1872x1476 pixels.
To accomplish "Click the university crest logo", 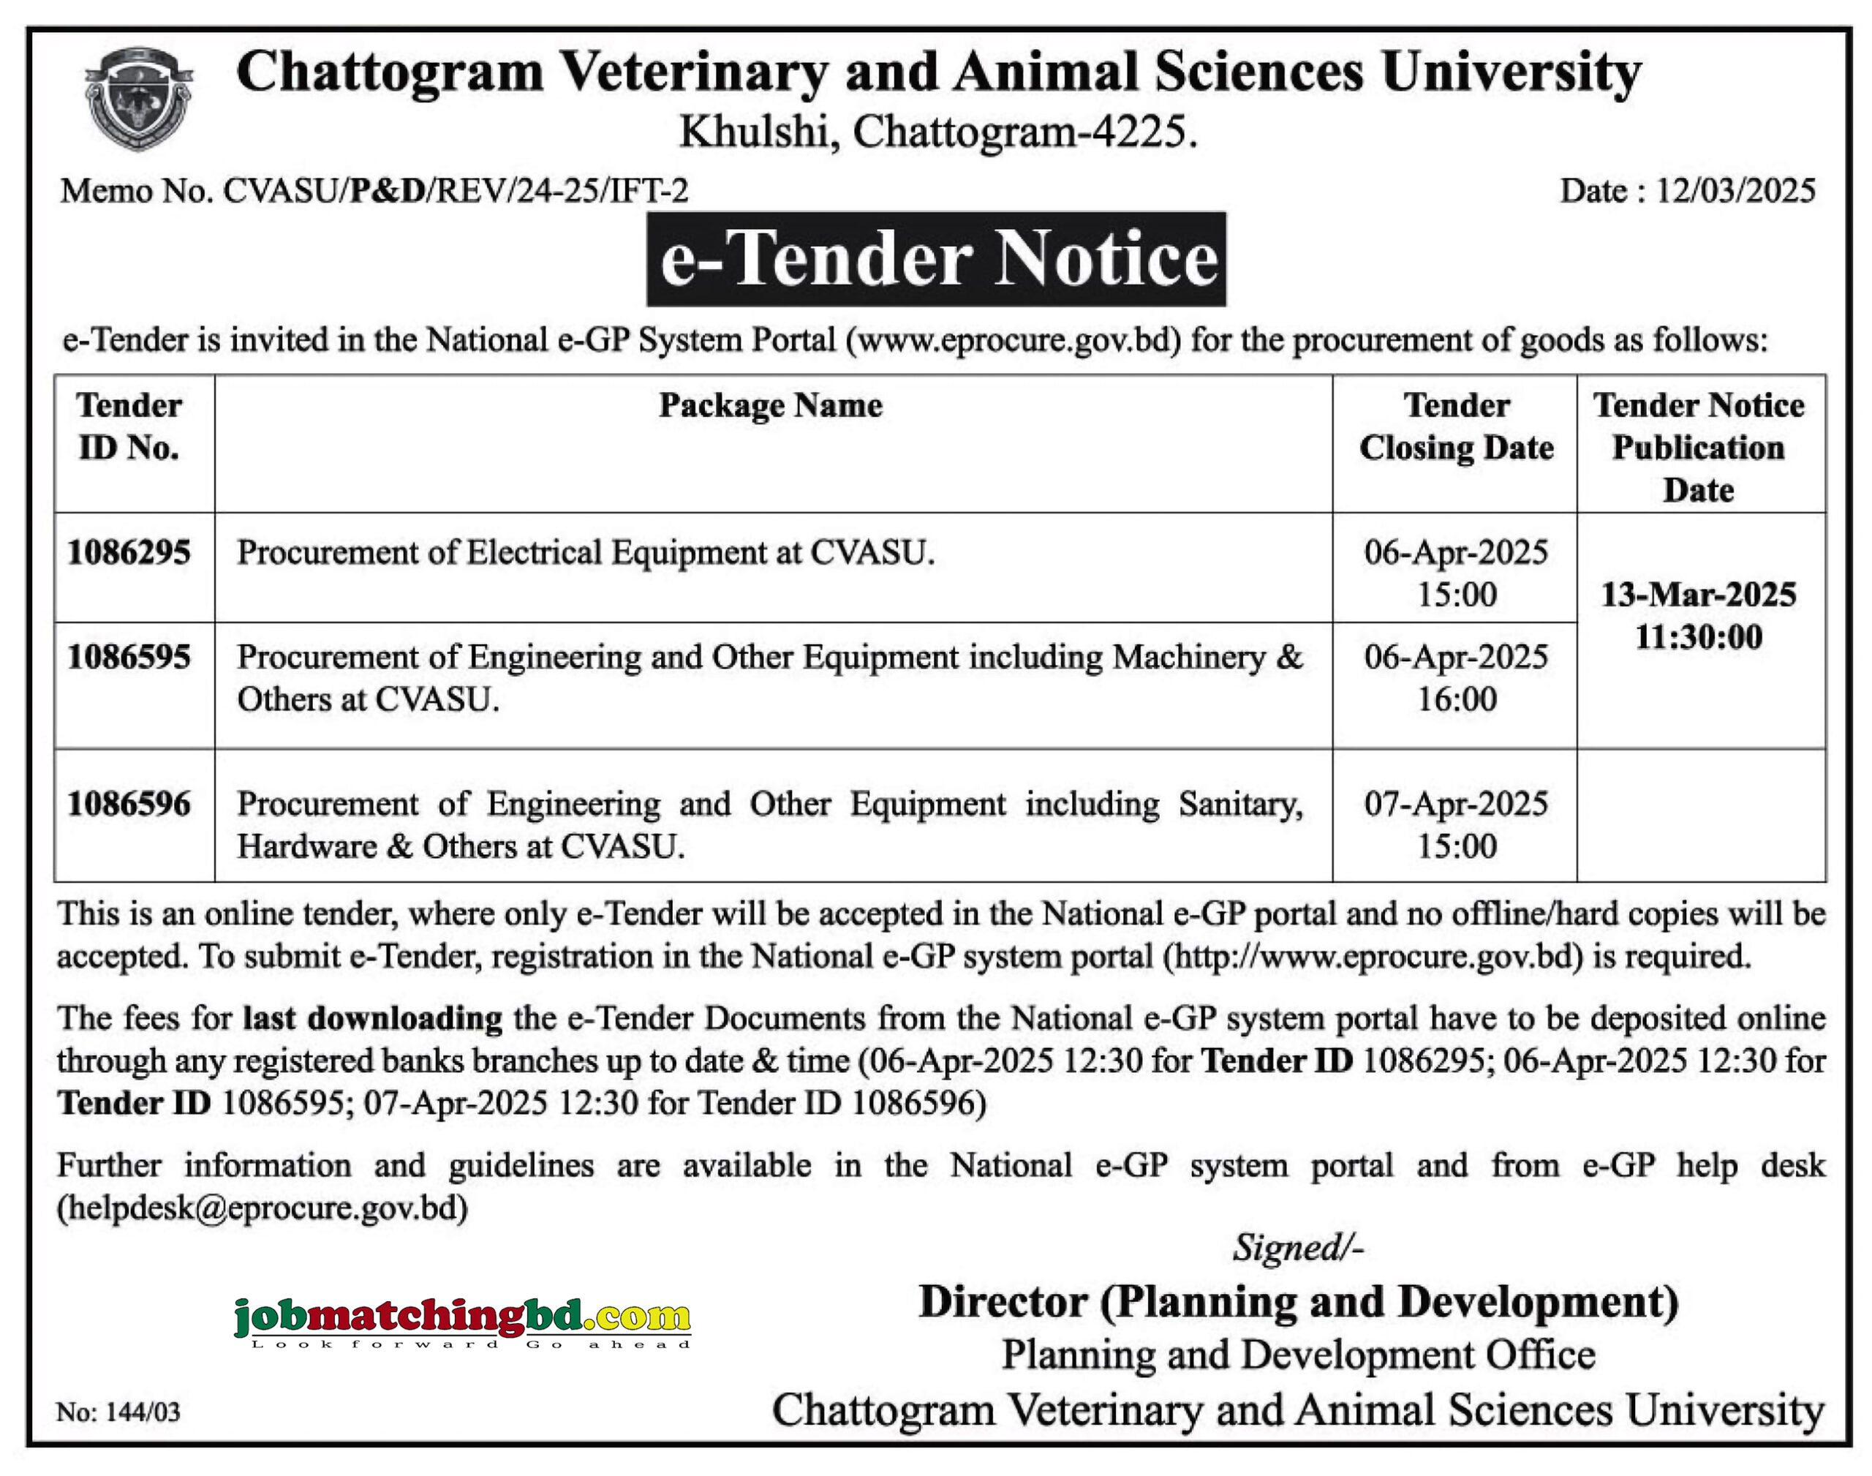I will pos(138,99).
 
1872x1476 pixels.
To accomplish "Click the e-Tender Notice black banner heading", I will pos(937,259).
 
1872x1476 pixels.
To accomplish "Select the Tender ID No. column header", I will pos(129,427).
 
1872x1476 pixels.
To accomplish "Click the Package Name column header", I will pos(771,406).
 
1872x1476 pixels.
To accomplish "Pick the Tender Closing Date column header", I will pos(1457,427).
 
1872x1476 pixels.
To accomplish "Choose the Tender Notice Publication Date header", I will pos(1699,448).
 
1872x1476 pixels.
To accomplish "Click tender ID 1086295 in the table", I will pos(129,553).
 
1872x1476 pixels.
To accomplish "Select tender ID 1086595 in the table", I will pos(129,658).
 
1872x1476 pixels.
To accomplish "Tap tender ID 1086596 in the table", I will pos(129,805).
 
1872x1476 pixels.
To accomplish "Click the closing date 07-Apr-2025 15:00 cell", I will pos(1457,825).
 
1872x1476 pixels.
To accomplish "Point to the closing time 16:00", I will pos(1457,700).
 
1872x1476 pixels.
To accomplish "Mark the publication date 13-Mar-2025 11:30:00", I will pos(1699,616).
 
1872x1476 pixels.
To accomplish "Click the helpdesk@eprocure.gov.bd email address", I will pos(263,1208).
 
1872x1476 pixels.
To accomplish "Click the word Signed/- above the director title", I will pos(1297,1248).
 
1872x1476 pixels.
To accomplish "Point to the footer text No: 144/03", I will pos(118,1412).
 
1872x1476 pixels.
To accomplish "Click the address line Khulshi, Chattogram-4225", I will pos(938,133).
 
